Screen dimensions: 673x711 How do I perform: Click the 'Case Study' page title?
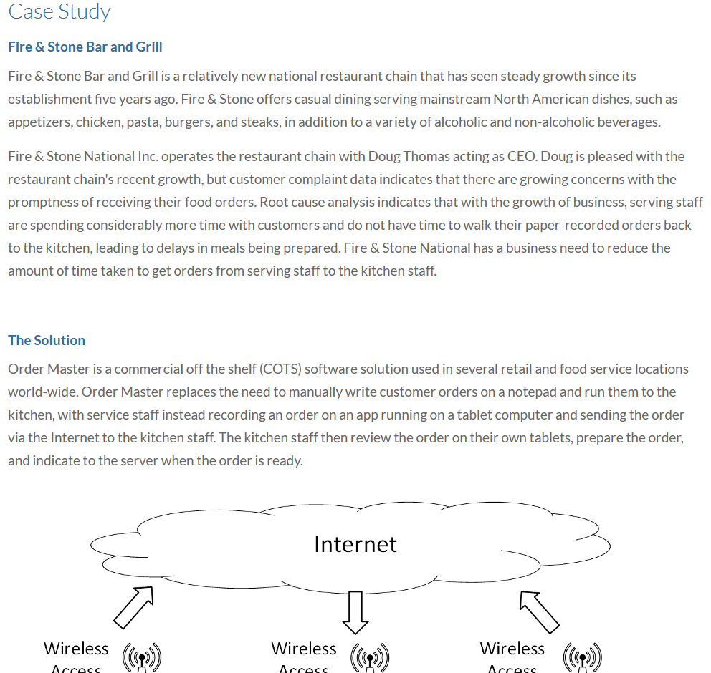[x=59, y=12]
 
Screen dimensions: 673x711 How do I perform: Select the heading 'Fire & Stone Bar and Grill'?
[x=85, y=47]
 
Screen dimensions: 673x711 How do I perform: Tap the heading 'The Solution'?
[x=47, y=340]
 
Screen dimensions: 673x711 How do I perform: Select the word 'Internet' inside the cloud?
[x=355, y=544]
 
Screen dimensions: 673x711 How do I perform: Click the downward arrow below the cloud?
[x=355, y=613]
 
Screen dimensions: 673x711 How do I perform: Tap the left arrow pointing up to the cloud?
[x=134, y=606]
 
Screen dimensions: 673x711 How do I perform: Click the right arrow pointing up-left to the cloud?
[x=539, y=611]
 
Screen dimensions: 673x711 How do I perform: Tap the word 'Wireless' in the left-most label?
[x=76, y=649]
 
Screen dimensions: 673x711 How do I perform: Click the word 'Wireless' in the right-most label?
[x=512, y=649]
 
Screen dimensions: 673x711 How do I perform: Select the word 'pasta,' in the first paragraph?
[x=143, y=122]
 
